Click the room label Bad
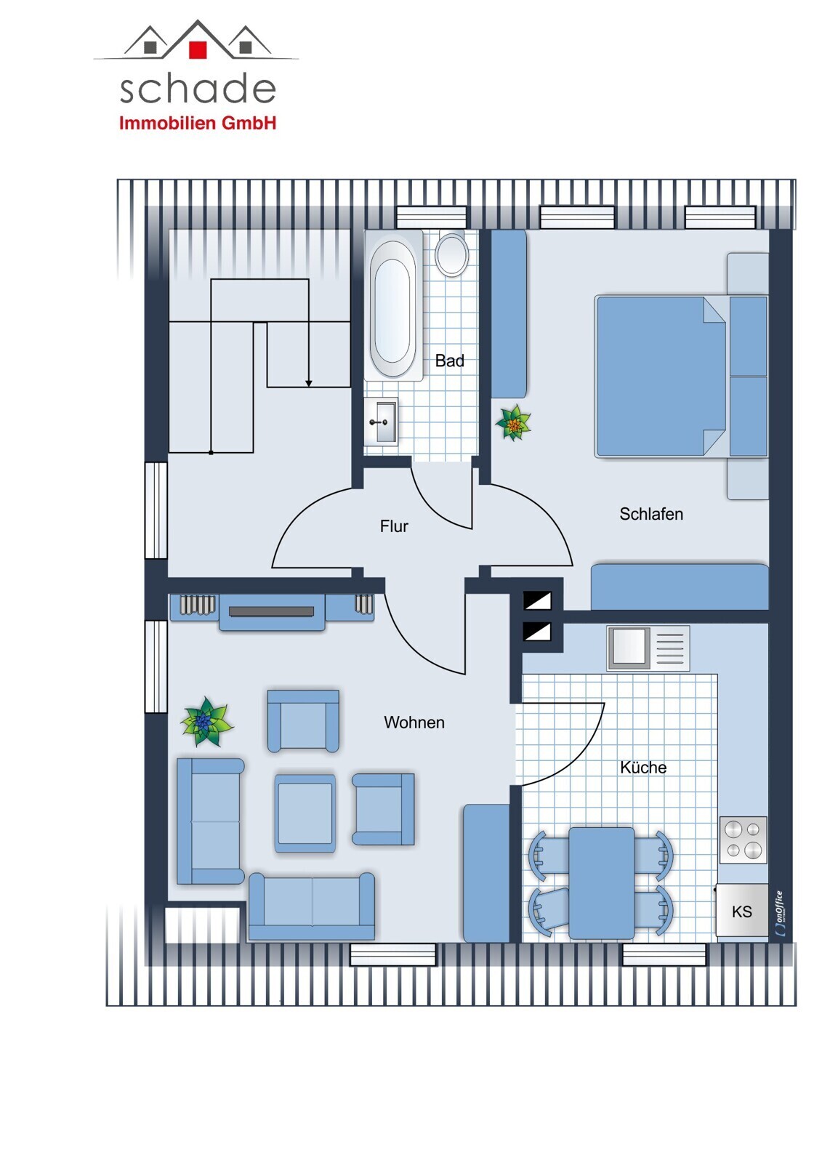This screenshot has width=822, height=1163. (449, 361)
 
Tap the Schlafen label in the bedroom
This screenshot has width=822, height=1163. (650, 514)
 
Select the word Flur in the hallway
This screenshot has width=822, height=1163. (394, 526)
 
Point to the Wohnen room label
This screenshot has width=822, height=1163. (414, 723)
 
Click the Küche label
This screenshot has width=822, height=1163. (643, 768)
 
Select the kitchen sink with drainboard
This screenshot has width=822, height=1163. (648, 648)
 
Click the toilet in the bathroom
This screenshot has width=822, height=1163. (452, 254)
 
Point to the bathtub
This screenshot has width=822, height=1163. (394, 305)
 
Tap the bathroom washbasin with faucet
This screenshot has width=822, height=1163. (381, 422)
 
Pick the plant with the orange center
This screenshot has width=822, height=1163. (514, 423)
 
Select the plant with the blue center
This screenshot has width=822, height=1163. (206, 722)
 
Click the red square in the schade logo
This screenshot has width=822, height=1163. (198, 49)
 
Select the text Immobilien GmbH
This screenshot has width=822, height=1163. (198, 123)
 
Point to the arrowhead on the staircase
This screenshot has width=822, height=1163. (308, 383)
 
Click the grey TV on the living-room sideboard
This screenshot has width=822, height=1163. (271, 611)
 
